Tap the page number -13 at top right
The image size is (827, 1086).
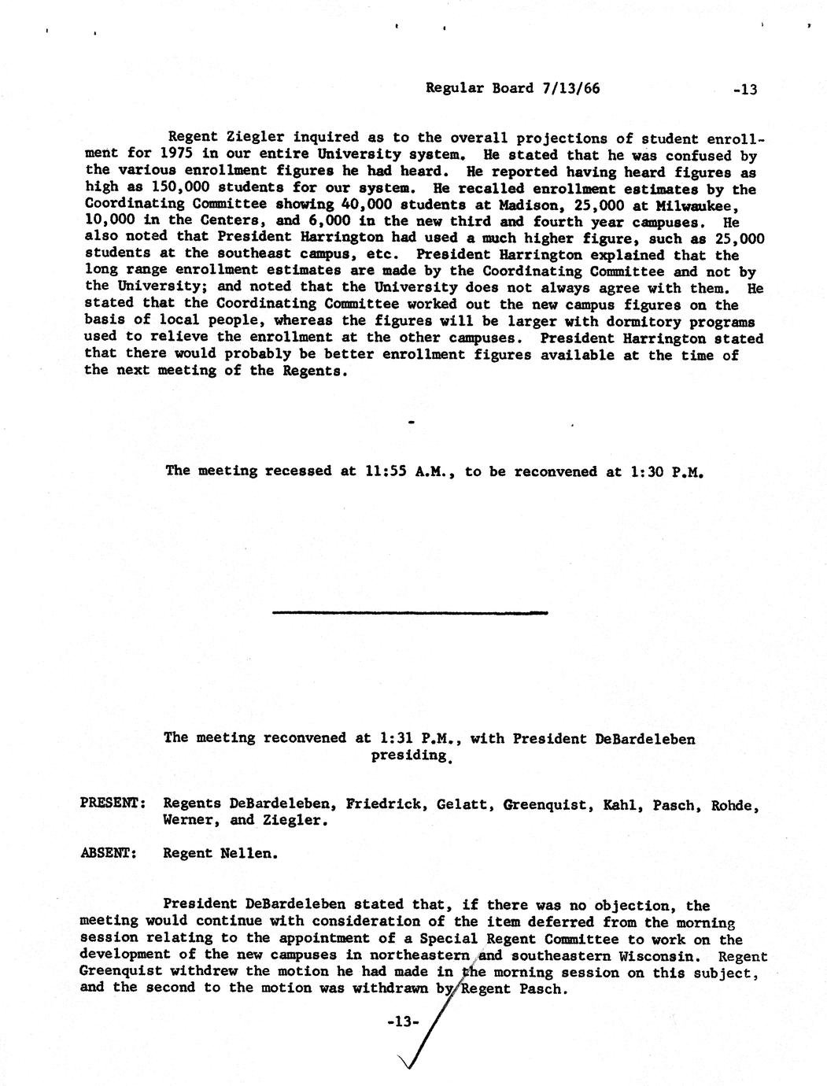pos(744,90)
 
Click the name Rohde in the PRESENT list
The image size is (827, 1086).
pos(736,805)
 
